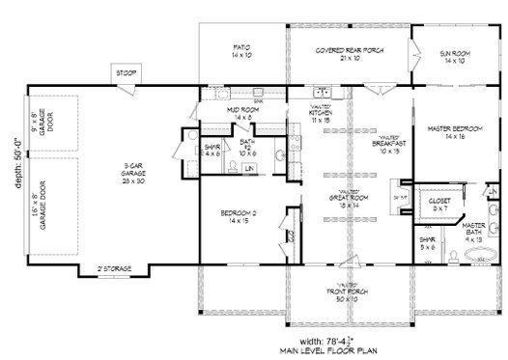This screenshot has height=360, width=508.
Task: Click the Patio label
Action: point(241,50)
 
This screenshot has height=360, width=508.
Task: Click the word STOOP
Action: point(126,74)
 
